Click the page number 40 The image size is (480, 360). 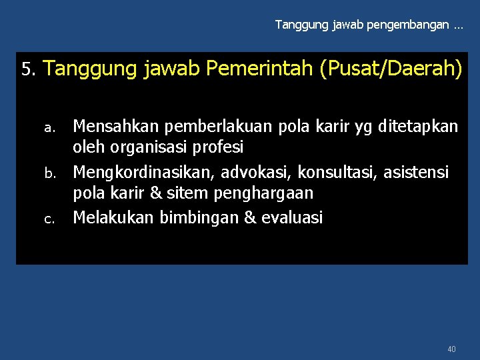pos(452,349)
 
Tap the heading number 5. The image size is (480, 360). pos(27,69)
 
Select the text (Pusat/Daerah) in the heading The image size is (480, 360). pos(391,69)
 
